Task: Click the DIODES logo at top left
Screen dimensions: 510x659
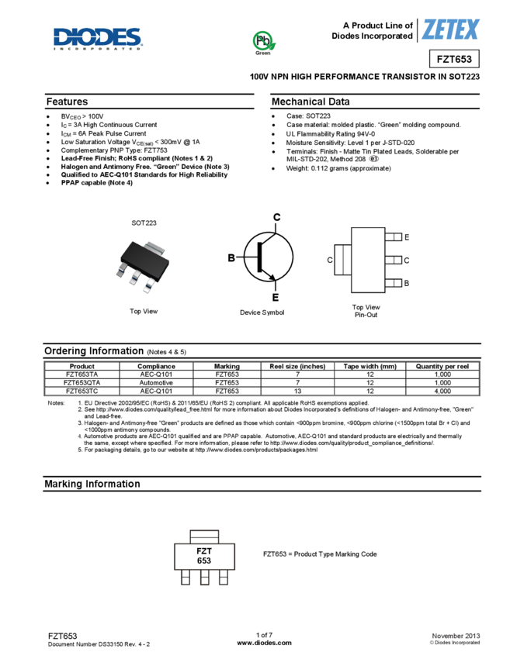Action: tap(98, 37)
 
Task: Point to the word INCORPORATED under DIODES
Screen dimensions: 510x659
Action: tap(98, 48)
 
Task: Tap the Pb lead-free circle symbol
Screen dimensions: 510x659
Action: tap(263, 40)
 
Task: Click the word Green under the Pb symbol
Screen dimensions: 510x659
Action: tap(263, 53)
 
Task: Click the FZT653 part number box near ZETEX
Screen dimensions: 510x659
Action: tap(454, 59)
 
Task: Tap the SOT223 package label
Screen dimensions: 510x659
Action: tap(144, 223)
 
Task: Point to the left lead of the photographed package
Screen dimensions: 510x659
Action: tap(122, 271)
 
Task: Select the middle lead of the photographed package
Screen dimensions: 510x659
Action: tap(134, 278)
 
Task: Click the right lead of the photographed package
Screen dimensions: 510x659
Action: tap(147, 285)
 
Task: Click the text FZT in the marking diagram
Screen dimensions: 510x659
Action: tap(204, 551)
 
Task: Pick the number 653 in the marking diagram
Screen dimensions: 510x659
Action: tap(204, 561)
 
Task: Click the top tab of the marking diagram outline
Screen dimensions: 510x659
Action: tap(204, 535)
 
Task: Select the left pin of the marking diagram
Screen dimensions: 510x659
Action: tap(186, 578)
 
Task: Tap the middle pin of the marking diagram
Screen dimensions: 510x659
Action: tap(204, 578)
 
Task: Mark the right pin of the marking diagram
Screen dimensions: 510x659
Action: tap(224, 578)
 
